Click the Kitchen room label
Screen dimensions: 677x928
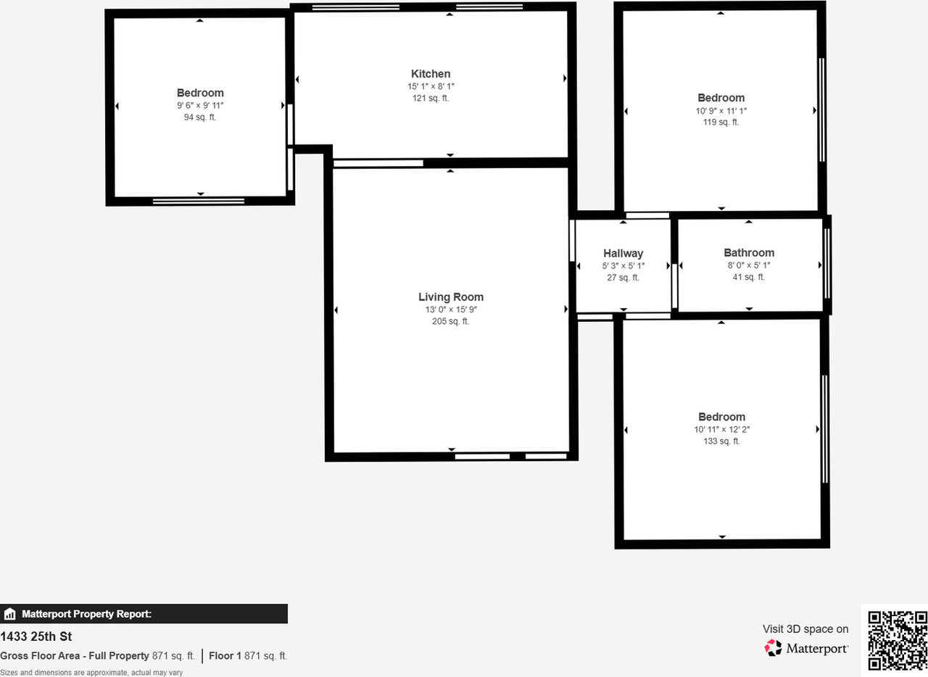[431, 74]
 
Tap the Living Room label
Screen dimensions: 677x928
[450, 297]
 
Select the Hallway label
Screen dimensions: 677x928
[623, 254]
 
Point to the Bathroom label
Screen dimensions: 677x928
[749, 253]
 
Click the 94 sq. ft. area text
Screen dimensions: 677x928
[200, 117]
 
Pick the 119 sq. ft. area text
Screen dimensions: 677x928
[721, 122]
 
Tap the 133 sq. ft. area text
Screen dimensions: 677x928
[721, 441]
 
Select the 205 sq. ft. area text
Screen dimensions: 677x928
[450, 322]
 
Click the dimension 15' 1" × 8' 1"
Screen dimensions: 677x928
[431, 87]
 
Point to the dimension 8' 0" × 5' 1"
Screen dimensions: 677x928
[749, 265]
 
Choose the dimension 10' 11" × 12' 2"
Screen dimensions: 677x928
[721, 429]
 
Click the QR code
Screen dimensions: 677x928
[898, 641]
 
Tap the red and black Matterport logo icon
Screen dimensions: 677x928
[774, 648]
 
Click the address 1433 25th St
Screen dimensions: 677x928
[36, 637]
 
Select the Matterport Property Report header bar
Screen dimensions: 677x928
[144, 614]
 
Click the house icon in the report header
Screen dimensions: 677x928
[9, 614]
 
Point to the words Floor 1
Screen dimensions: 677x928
[225, 656]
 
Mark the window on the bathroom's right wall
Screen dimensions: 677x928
[827, 265]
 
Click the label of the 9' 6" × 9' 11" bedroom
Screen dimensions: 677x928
[200, 93]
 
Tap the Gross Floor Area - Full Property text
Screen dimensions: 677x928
[75, 656]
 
